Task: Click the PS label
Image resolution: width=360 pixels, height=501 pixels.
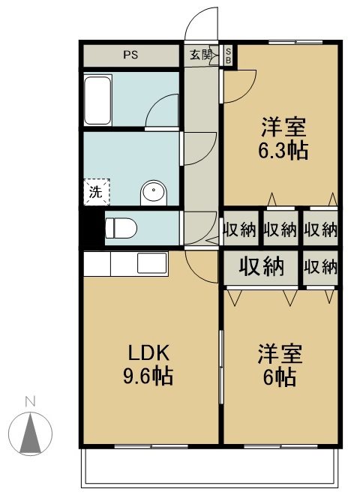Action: [131, 55]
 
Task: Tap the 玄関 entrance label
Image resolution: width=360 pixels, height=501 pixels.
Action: [199, 55]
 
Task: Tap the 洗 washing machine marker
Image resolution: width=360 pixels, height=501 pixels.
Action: [96, 191]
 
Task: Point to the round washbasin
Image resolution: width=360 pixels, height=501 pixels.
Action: [154, 193]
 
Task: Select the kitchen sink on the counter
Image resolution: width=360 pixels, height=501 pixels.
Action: [151, 263]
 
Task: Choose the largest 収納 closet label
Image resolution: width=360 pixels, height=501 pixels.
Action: [261, 266]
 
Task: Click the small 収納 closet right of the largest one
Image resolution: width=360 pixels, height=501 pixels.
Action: [320, 266]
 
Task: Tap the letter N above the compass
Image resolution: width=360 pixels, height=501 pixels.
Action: [29, 401]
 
